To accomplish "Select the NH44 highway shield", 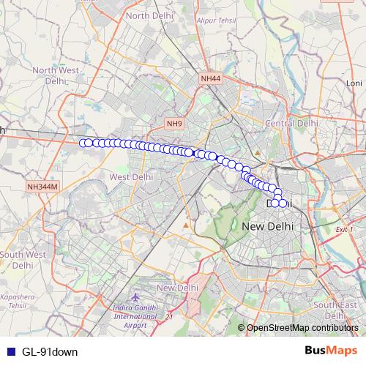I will click(x=209, y=77).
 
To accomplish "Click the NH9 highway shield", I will click(x=173, y=124).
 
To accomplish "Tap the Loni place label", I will click(x=354, y=83).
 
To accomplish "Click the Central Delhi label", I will click(x=291, y=124).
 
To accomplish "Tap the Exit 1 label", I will click(x=343, y=230).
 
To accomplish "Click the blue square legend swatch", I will click(x=10, y=351).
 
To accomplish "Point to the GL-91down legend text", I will click(x=50, y=351).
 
